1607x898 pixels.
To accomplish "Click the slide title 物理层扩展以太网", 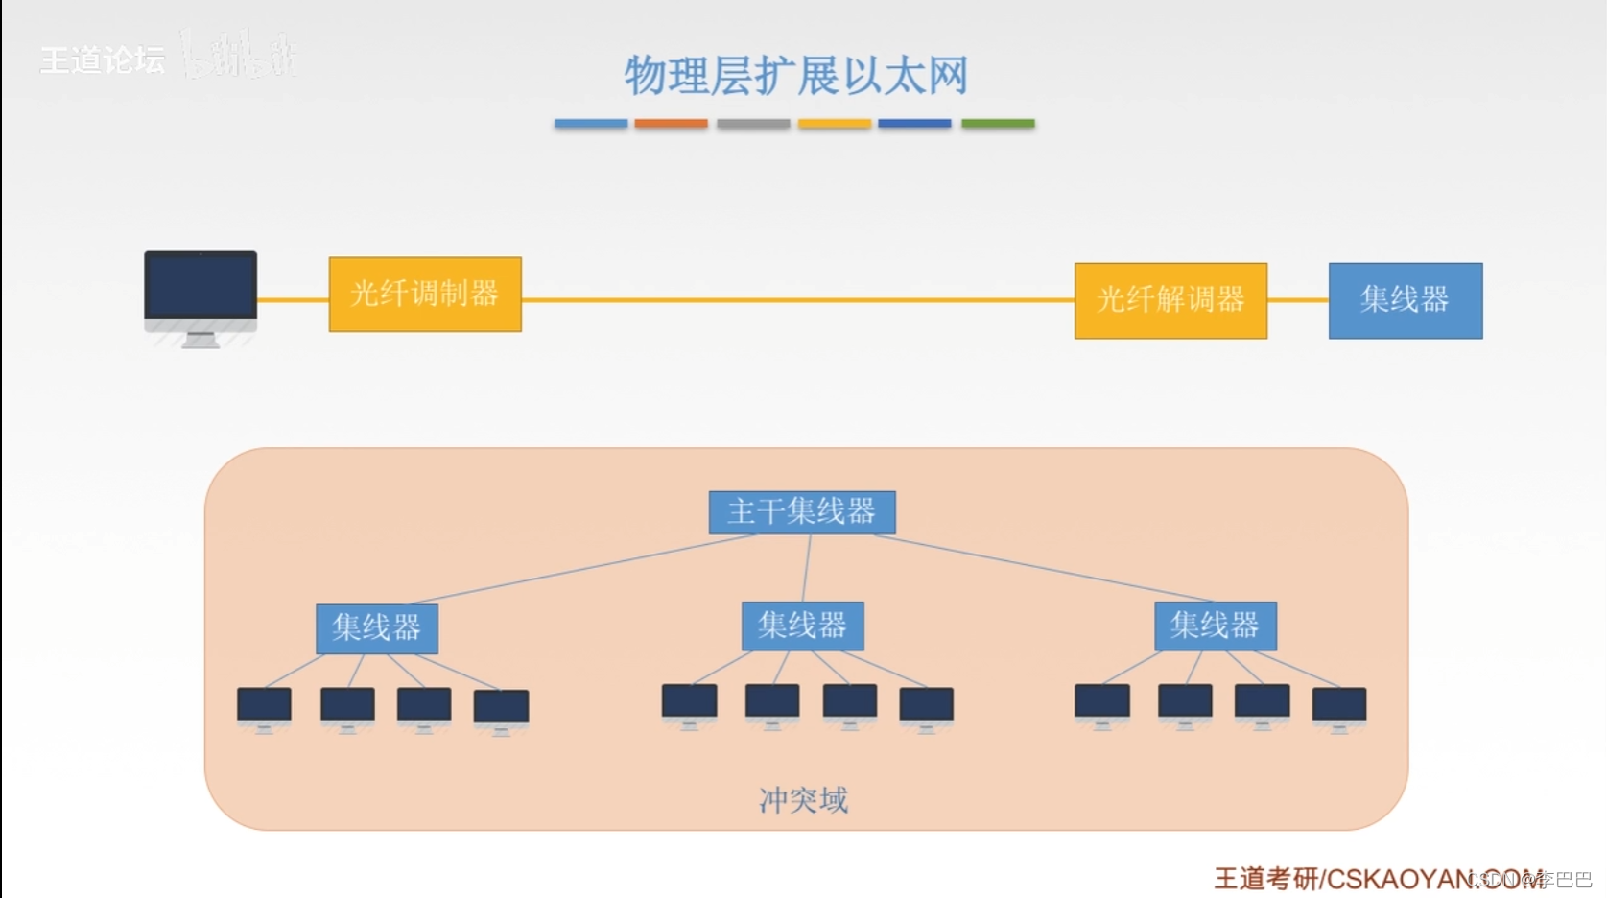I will click(x=795, y=76).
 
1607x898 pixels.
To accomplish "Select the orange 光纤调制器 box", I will click(x=425, y=294).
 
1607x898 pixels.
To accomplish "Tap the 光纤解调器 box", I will click(x=1170, y=300).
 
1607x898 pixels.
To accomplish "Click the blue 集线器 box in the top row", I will click(x=1405, y=300).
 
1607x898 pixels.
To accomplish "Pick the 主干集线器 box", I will click(x=802, y=512).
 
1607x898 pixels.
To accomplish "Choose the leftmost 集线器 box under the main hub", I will click(x=377, y=628).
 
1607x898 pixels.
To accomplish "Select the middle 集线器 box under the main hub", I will click(x=803, y=626).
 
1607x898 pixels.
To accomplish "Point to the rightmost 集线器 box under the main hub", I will click(x=1215, y=626).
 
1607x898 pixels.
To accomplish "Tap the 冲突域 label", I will click(x=803, y=800).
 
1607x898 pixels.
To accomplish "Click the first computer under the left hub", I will click(x=264, y=708).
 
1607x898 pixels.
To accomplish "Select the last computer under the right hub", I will click(x=1338, y=708).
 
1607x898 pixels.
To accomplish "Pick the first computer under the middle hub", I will click(x=689, y=704).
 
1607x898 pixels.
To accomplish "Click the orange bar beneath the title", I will click(x=671, y=124).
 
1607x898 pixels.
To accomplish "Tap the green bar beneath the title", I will click(x=998, y=124).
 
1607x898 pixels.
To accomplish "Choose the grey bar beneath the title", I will click(x=753, y=124).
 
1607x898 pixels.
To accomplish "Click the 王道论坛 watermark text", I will click(x=102, y=60).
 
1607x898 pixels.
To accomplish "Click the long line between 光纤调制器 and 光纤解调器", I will click(x=796, y=300).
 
